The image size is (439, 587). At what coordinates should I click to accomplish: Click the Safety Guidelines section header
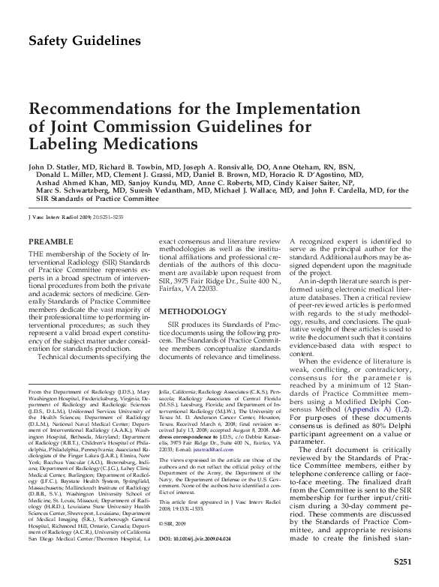click(x=84, y=40)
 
